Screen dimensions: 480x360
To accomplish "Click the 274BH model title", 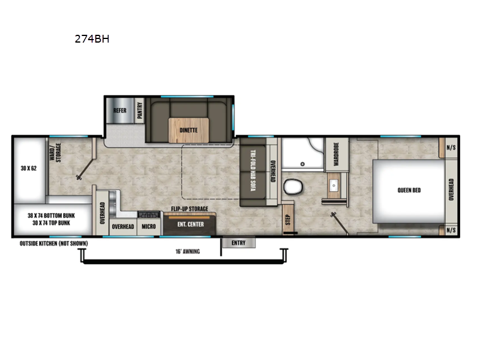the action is [x=92, y=39].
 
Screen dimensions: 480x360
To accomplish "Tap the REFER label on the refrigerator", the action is [x=120, y=110].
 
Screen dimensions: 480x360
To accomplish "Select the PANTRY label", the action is [x=140, y=110].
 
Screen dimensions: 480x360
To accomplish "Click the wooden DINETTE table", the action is [x=188, y=130].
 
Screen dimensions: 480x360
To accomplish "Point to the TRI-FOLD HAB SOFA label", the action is [x=253, y=170].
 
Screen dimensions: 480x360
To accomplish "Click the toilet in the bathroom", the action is [x=293, y=187].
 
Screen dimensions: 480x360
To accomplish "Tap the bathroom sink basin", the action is [x=334, y=185].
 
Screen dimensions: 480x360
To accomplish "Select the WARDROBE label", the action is [x=337, y=154].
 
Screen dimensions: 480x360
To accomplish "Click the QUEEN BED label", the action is [x=409, y=190].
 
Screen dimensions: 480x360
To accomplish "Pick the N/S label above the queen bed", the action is [x=451, y=148].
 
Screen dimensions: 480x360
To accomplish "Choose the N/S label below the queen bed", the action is [x=451, y=230].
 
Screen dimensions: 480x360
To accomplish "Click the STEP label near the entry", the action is [x=288, y=220].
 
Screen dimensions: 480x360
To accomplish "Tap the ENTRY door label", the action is [x=238, y=243].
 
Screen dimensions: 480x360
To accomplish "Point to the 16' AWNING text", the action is [x=188, y=251].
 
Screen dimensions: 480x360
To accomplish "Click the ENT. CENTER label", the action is [x=190, y=224].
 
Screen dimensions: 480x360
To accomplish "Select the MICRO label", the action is [x=149, y=227].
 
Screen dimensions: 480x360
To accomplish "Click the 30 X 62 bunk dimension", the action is [x=28, y=168].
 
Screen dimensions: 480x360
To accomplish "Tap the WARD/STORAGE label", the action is [x=55, y=152].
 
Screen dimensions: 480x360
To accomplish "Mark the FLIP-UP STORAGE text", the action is [x=190, y=209].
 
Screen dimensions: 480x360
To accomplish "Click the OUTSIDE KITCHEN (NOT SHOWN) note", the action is [x=53, y=244].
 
